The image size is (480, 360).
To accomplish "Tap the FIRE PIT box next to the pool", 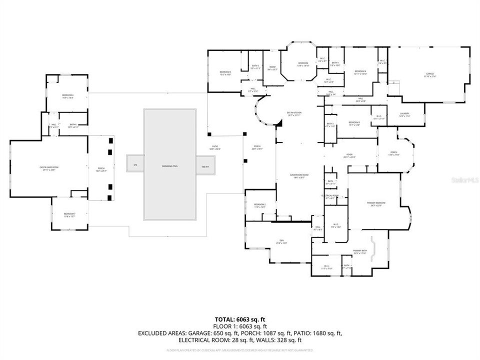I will tap(205, 166).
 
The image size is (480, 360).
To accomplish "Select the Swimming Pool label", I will tap(169, 165).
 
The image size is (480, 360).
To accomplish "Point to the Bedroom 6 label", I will tap(67, 96).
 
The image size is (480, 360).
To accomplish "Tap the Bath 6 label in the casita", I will tap(73, 125).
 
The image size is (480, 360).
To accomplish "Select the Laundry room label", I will tap(404, 115).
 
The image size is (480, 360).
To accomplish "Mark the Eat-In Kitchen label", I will tap(293, 114).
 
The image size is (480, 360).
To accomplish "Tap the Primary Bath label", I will tap(360, 252).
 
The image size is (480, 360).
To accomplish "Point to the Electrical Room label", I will tap(329, 196).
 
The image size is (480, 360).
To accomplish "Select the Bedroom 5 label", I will tap(225, 73).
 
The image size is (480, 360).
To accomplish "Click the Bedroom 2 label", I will tap(259, 205).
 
